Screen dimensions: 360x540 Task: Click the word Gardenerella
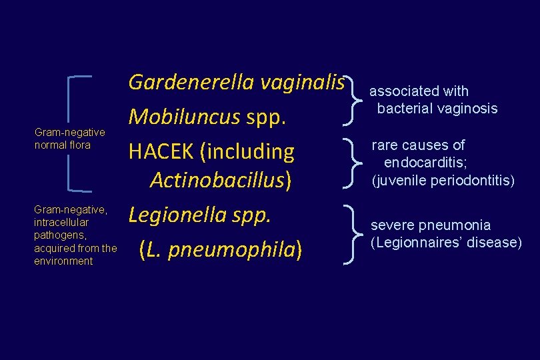pyautogui.click(x=191, y=83)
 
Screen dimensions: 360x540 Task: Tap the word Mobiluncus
pyautogui.click(x=184, y=117)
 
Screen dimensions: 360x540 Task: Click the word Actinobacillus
pyautogui.click(x=217, y=180)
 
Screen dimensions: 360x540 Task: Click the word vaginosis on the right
pyautogui.click(x=467, y=108)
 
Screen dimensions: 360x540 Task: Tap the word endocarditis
pyautogui.click(x=429, y=163)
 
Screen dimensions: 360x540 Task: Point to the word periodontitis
pyautogui.click(x=473, y=180)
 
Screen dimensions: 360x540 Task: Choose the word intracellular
pyautogui.click(x=61, y=222)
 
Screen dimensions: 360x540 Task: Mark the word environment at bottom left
pyautogui.click(x=63, y=261)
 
